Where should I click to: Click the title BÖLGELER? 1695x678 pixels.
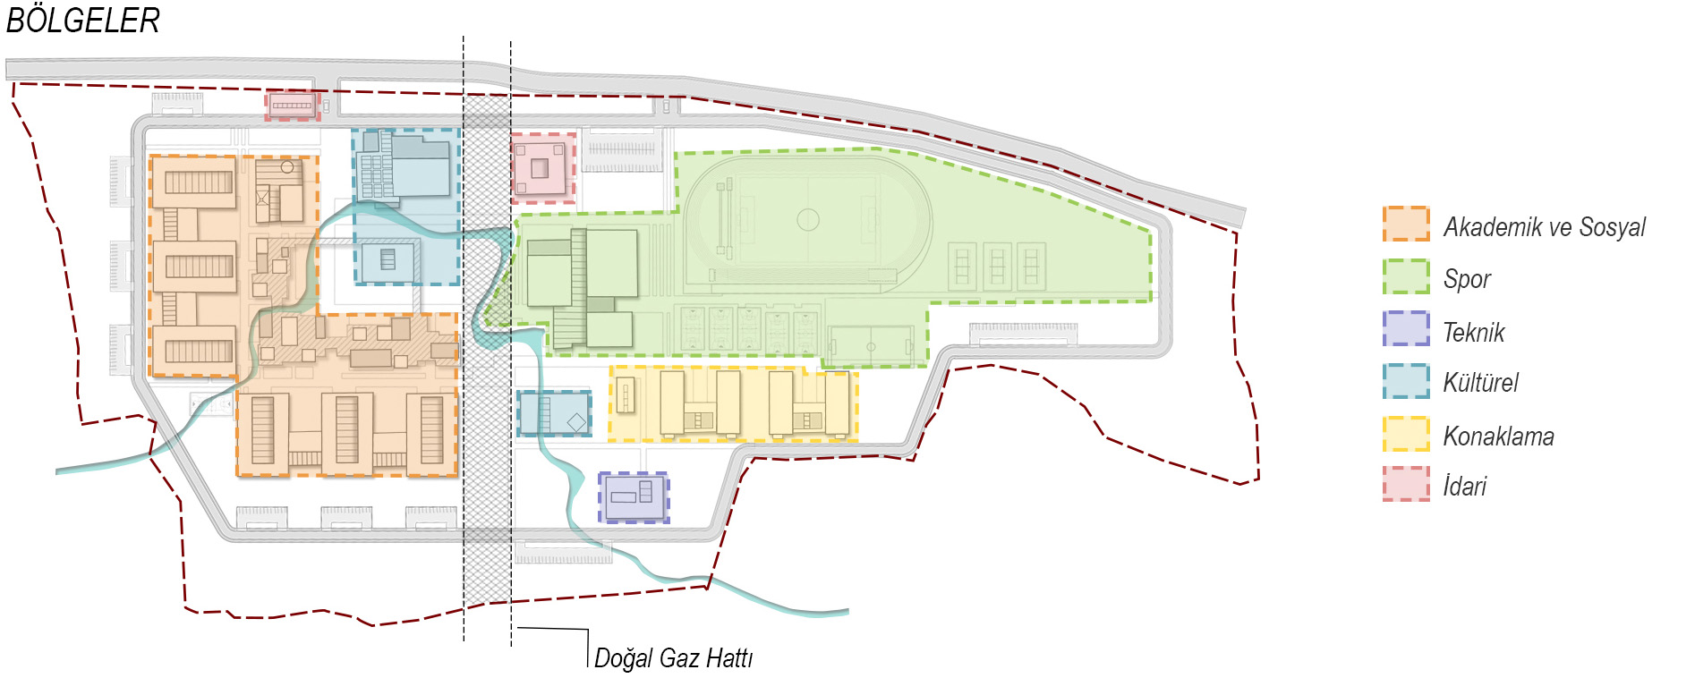coord(82,20)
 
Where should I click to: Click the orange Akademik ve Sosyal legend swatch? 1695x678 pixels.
coord(1406,224)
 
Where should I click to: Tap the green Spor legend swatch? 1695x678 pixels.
coord(1406,276)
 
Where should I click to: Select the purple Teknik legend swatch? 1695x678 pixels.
coord(1406,328)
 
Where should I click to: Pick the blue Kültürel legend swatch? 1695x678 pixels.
coord(1406,381)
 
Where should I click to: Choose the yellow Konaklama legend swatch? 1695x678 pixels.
coord(1406,434)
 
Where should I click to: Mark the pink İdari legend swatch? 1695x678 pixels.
coord(1406,484)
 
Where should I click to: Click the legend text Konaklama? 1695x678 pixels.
coord(1498,436)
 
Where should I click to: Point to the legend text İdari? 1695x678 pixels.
coord(1465,486)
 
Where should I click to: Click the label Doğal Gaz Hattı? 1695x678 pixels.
coord(673,658)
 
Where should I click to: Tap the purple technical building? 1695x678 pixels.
coord(634,497)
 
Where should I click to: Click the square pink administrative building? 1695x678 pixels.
coord(542,168)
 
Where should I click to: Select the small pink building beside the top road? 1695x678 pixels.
coord(292,106)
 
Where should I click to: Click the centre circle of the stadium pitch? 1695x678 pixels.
coord(808,219)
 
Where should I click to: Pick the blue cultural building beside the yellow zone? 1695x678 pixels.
coord(554,413)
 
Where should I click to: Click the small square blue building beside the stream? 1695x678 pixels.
coord(388,261)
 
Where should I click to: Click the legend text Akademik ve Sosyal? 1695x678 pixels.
coord(1545,227)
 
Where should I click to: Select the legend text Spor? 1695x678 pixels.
coord(1467,279)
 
